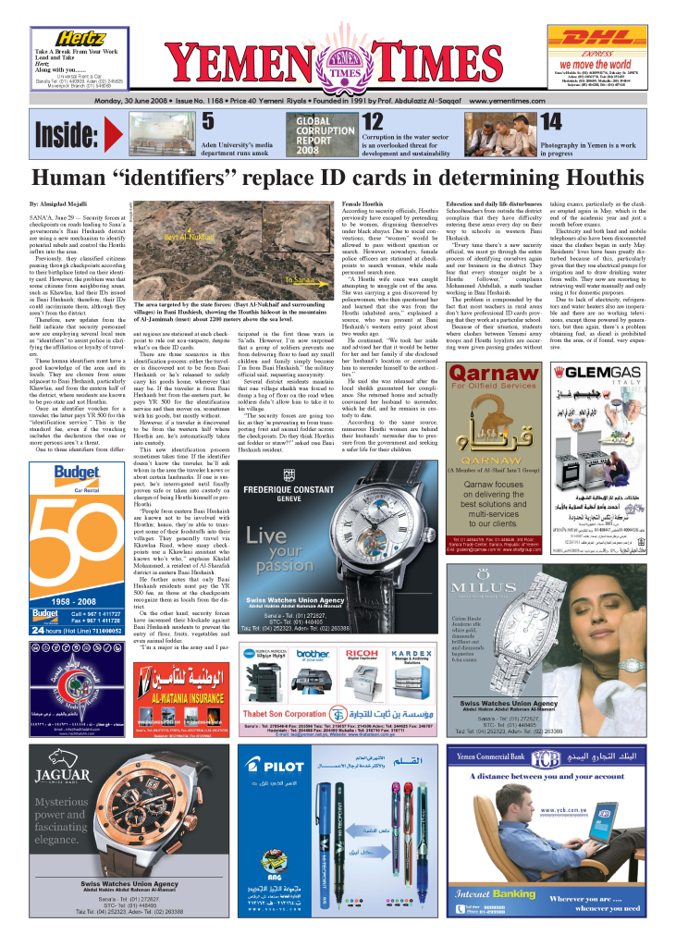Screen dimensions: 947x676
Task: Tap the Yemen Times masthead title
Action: click(x=338, y=58)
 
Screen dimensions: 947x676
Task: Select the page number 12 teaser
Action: click(x=373, y=120)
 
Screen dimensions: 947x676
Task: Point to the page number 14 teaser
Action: click(x=550, y=120)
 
